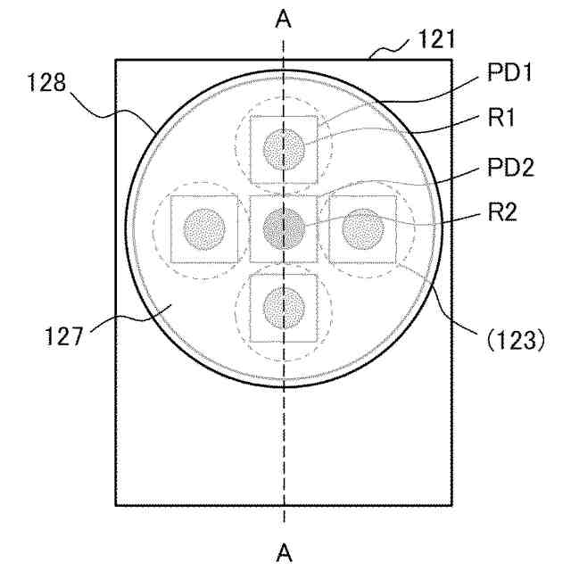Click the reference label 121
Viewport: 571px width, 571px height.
(x=436, y=39)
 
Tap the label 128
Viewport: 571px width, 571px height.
(x=46, y=82)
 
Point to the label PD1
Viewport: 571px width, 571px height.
(x=509, y=73)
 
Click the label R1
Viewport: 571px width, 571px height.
(x=501, y=118)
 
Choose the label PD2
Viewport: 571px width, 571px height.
(x=510, y=168)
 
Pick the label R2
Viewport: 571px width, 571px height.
(x=502, y=211)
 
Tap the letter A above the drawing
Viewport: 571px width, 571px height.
(x=284, y=19)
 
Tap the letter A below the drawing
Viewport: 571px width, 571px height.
(x=284, y=553)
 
